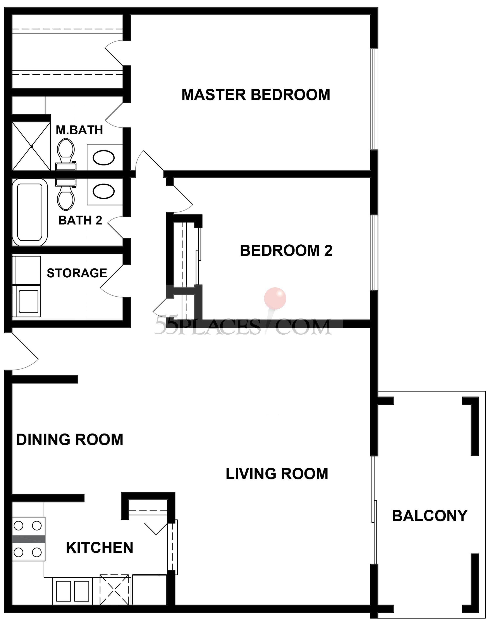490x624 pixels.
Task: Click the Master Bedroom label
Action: click(256, 95)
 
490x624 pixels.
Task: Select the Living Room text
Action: click(277, 474)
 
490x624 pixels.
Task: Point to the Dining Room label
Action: click(70, 440)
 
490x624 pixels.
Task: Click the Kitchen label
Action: click(100, 548)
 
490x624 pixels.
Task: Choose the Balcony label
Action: click(430, 516)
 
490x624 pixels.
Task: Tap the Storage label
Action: click(77, 273)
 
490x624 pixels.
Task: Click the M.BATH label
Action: click(79, 130)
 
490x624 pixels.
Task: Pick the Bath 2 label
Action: click(80, 220)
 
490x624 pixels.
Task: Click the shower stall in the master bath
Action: click(31, 146)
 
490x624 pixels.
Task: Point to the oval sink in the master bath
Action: click(103, 157)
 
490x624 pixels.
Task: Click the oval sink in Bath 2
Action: click(103, 191)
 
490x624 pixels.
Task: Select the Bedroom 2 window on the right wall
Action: click(374, 252)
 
